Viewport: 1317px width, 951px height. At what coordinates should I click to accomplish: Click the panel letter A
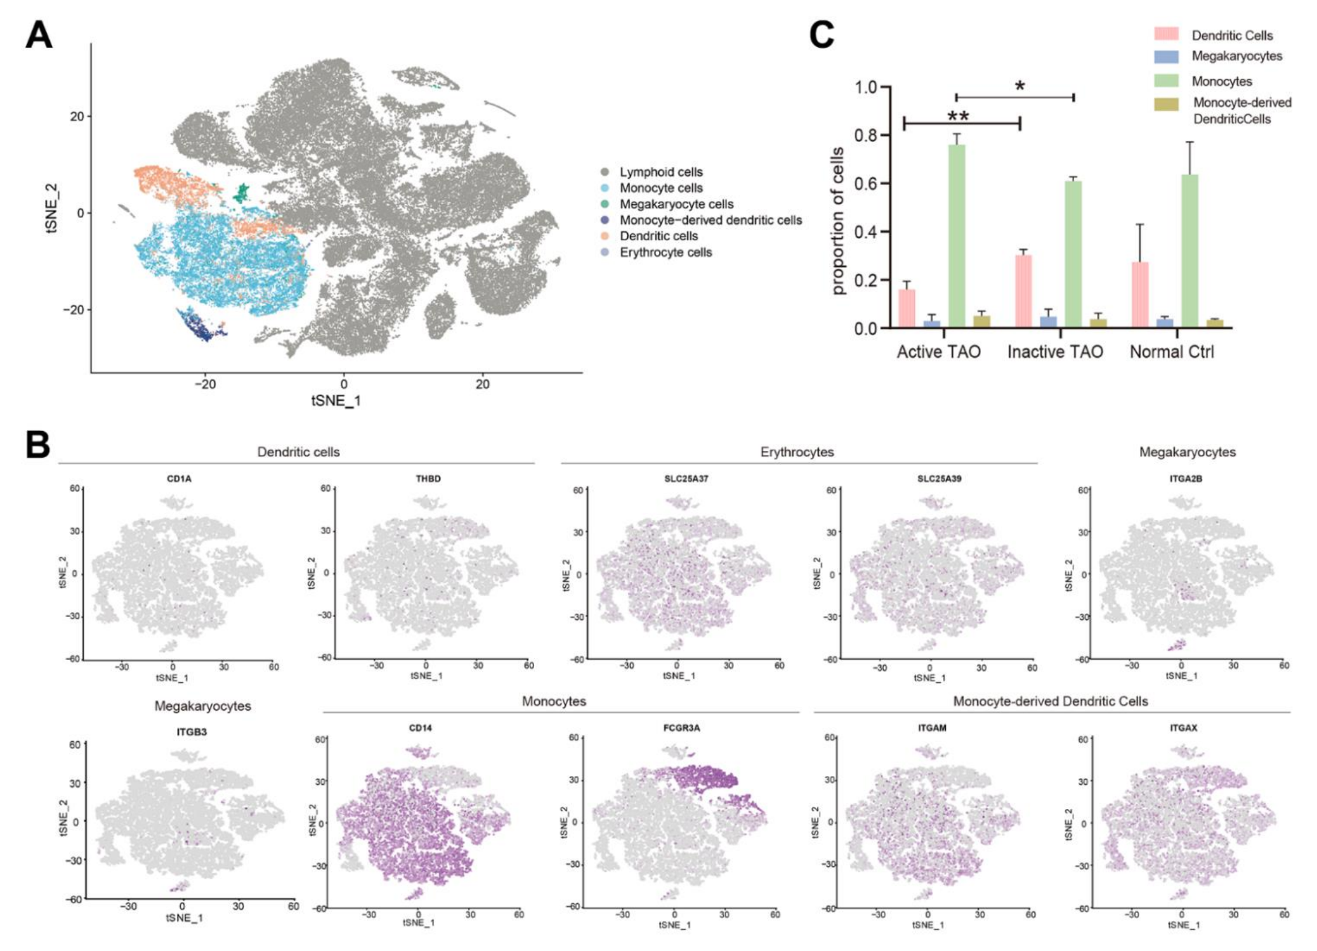(38, 35)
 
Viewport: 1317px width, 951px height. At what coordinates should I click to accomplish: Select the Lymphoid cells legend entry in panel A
(660, 172)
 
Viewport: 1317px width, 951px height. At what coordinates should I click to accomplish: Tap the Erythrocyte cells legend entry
(665, 252)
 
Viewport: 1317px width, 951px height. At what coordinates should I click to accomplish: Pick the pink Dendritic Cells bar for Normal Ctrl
(1140, 294)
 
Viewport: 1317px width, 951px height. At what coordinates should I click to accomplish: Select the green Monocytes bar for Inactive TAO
(1073, 254)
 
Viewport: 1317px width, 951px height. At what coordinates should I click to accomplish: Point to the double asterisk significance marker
(958, 116)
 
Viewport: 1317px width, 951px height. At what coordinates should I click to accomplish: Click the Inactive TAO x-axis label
(1055, 352)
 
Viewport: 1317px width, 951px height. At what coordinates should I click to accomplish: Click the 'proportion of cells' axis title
(838, 221)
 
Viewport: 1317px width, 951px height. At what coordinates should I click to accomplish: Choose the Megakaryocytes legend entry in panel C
(1236, 56)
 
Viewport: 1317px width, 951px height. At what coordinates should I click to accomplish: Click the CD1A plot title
(179, 479)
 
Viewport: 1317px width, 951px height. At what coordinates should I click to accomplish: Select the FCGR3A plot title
(681, 728)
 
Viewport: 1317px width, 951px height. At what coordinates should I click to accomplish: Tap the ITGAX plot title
(1183, 728)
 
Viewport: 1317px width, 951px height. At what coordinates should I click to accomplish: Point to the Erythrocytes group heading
(797, 452)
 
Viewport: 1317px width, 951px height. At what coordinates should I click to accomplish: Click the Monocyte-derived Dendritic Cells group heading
(1050, 701)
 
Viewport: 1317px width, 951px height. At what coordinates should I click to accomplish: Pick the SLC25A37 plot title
(686, 479)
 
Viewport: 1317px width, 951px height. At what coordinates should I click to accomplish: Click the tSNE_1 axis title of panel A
(336, 401)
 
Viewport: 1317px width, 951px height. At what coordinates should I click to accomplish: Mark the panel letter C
(822, 35)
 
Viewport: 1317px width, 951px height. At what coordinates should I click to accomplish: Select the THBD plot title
(428, 479)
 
